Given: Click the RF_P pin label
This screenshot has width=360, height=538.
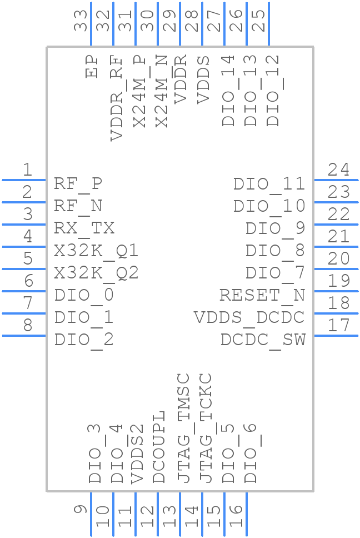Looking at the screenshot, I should pyautogui.click(x=78, y=183).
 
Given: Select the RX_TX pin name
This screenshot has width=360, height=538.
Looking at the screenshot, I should pyautogui.click(x=84, y=228).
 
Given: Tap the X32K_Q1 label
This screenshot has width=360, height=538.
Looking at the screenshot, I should pyautogui.click(x=96, y=251).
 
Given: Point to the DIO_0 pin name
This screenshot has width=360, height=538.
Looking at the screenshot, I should pyautogui.click(x=84, y=295).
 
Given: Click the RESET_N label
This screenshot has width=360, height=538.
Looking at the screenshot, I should pyautogui.click(x=262, y=295).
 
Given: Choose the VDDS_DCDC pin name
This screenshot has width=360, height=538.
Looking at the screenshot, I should pyautogui.click(x=249, y=317).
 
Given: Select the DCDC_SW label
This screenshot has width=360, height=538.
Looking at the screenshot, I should pyautogui.click(x=263, y=340).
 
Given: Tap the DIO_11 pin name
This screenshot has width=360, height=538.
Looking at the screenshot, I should pyautogui.click(x=269, y=184).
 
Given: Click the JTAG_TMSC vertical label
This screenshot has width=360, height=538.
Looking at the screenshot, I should pyautogui.click(x=184, y=428).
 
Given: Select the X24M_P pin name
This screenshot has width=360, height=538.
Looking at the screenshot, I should pyautogui.click(x=140, y=91).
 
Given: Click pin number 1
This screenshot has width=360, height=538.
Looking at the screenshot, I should pyautogui.click(x=27, y=170).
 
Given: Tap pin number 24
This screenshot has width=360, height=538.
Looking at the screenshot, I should pyautogui.click(x=338, y=170).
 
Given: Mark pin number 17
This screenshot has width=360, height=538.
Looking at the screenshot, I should pyautogui.click(x=338, y=325).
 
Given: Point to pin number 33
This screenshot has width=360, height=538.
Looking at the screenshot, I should pyautogui.click(x=81, y=21).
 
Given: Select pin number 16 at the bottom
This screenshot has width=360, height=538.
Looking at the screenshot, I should pyautogui.click(x=236, y=517).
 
